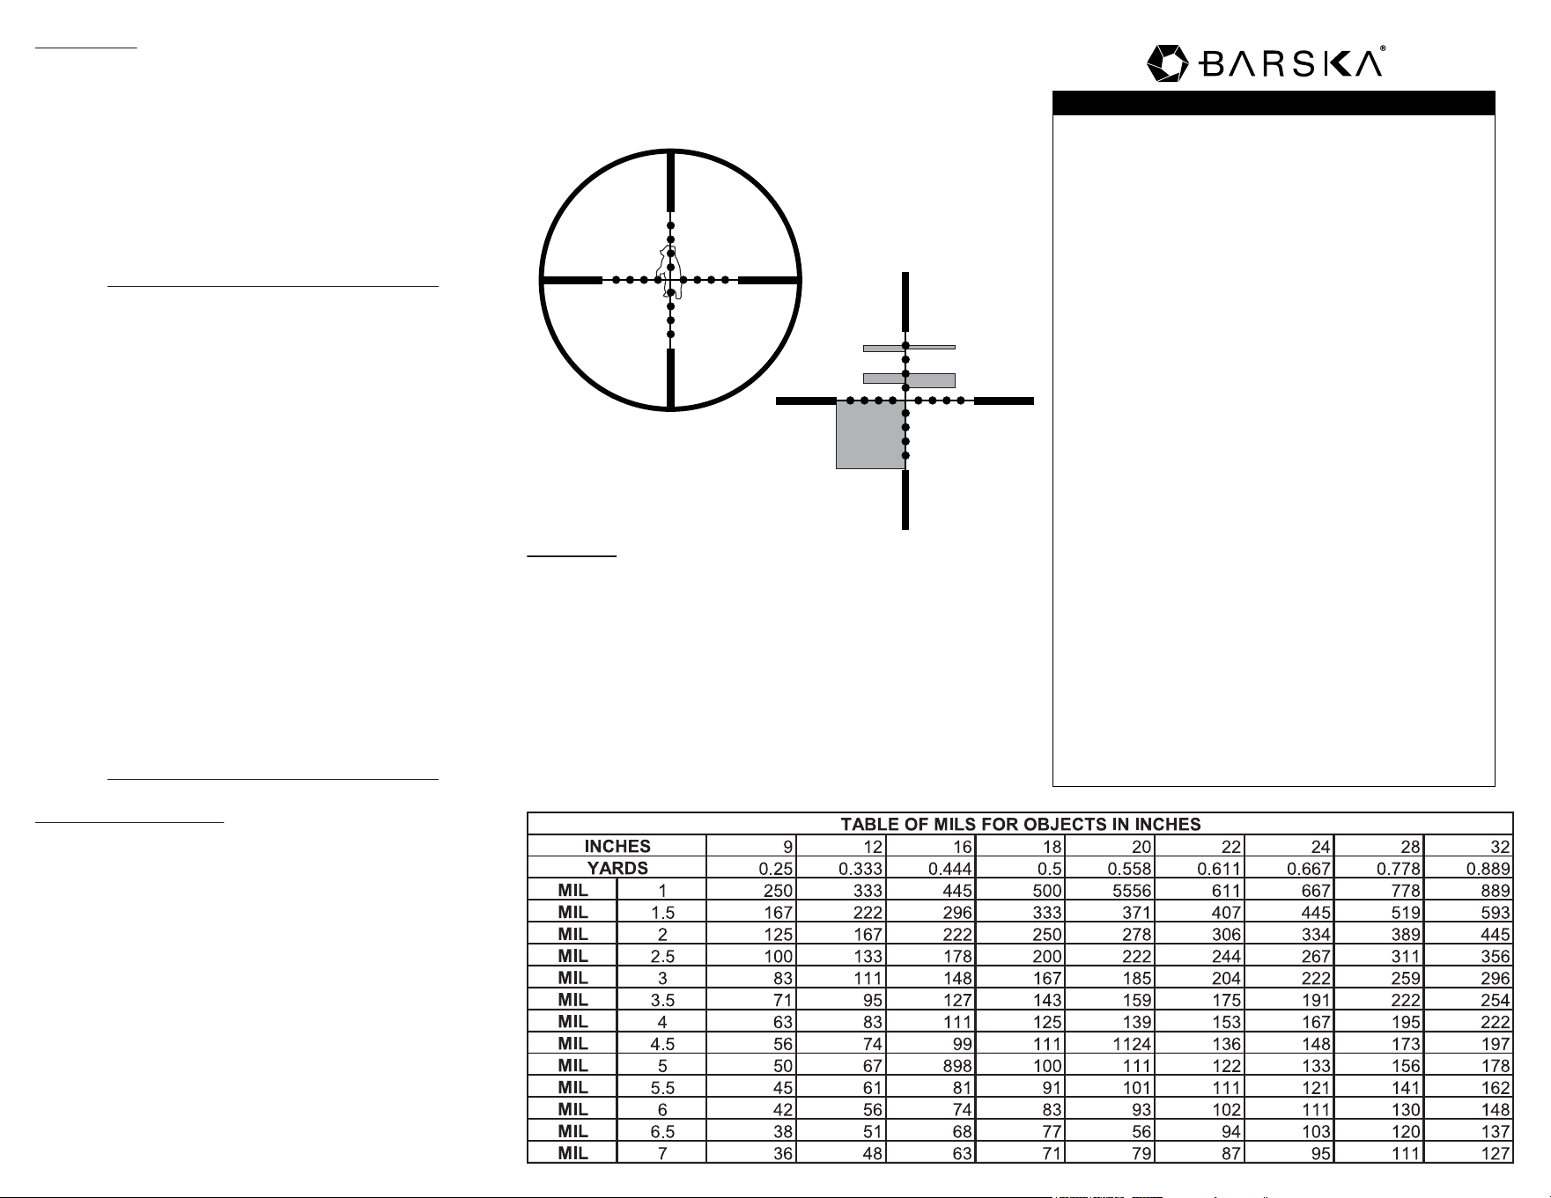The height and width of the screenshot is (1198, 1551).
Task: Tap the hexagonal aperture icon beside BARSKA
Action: click(x=1169, y=64)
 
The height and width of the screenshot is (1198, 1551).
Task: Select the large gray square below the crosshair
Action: click(x=870, y=435)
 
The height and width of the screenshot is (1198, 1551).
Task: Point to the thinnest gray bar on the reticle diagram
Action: click(x=909, y=348)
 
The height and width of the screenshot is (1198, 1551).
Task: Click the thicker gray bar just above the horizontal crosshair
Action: click(x=909, y=380)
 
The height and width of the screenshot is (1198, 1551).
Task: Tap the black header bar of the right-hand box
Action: click(x=1274, y=103)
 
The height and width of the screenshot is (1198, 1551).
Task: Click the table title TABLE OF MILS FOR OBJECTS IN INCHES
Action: click(x=1020, y=825)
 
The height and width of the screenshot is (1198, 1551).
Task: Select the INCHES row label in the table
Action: click(x=617, y=847)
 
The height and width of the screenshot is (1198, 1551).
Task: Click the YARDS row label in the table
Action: click(x=617, y=869)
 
